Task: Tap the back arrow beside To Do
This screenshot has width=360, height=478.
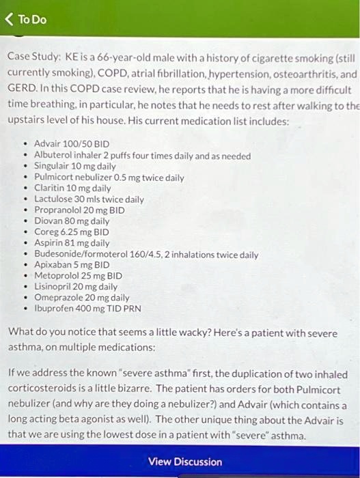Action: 9,19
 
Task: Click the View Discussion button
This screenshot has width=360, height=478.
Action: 184,462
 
